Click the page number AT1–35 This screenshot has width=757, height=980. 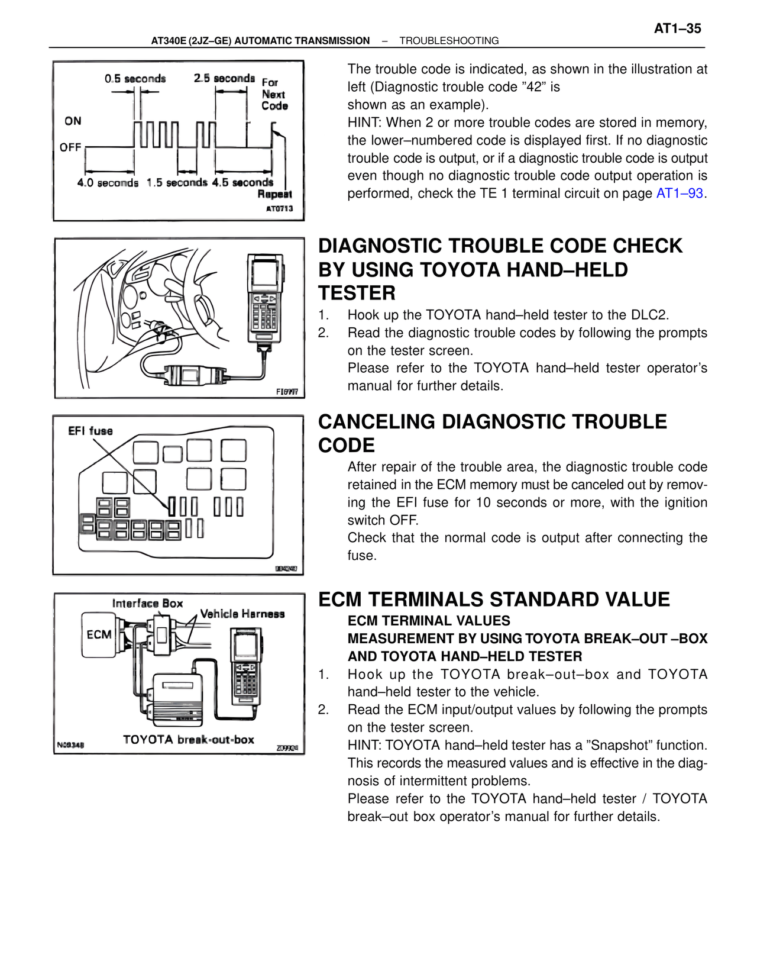(x=677, y=28)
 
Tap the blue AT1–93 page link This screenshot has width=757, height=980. (x=680, y=194)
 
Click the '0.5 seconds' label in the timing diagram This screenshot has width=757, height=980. (x=135, y=79)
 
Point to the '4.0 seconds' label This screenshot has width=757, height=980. (x=108, y=183)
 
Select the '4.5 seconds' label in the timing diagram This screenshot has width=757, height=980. (x=242, y=182)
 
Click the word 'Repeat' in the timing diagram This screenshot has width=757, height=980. (x=274, y=194)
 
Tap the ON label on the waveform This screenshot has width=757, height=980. (x=73, y=121)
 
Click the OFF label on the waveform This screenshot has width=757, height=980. (x=70, y=147)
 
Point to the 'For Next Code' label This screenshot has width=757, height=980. (x=274, y=95)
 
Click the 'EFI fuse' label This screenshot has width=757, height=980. (x=90, y=431)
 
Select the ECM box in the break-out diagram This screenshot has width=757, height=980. (x=99, y=634)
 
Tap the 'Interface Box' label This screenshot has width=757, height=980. (x=147, y=603)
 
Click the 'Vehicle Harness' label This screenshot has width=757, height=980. (x=242, y=614)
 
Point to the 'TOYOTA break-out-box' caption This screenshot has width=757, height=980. (x=188, y=740)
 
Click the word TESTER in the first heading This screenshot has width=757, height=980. (x=357, y=293)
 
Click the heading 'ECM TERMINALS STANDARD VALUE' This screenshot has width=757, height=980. (x=494, y=599)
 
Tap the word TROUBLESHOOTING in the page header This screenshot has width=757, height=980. (x=449, y=41)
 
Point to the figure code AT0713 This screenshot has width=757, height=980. (x=279, y=208)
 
